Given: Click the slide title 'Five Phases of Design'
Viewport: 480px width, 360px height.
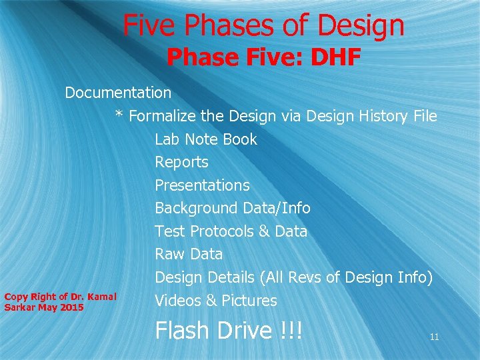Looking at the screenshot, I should coord(263,26).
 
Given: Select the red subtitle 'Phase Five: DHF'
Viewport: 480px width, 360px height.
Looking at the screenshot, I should coord(263,58).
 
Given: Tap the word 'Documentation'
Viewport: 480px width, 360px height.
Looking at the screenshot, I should coord(118,93).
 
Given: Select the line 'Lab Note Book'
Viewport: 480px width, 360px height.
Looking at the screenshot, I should coord(205,139).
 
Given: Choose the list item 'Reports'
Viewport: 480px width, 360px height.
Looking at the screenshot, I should coord(181,162).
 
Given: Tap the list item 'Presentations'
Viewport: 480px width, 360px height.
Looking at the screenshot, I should coord(202,185).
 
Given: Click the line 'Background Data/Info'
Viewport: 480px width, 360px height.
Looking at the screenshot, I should coord(233,208).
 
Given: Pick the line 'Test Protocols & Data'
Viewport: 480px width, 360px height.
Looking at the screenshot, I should coord(231,231).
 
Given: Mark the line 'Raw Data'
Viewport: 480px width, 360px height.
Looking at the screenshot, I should coord(189,254).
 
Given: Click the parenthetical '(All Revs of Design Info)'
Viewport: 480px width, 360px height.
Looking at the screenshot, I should coord(347,277).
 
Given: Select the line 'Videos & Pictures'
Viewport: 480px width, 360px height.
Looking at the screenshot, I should coord(215,301).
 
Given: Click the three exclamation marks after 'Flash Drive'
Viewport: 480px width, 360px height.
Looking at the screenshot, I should coord(291,331).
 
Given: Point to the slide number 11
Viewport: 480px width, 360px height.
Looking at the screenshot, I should coord(434,337).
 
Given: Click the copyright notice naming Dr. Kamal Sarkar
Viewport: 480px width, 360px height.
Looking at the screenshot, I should coord(60,302).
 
